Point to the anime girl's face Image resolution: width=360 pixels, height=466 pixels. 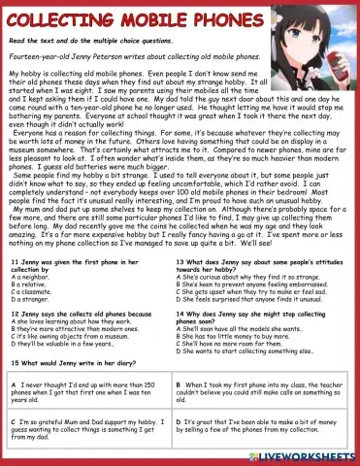309,39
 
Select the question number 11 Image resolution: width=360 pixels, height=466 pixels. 12,262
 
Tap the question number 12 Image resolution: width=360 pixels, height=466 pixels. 12,314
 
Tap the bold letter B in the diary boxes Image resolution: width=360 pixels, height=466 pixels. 179,384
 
